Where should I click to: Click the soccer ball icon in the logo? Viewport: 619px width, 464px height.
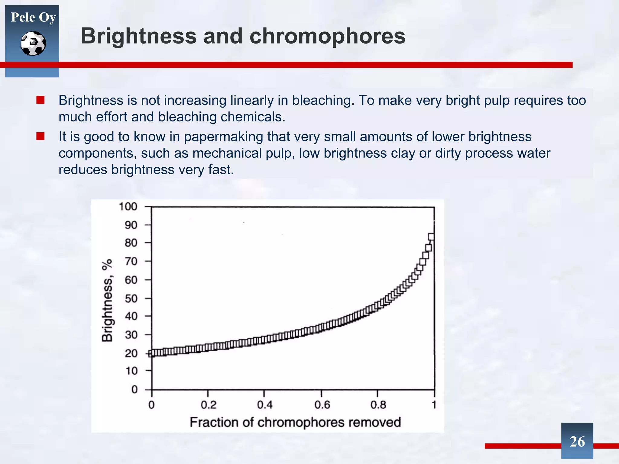tap(33, 43)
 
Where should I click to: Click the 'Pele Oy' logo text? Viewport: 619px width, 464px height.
tap(33, 17)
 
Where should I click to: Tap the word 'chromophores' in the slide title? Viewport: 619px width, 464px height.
tap(327, 36)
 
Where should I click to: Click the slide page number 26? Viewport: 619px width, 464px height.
tap(577, 442)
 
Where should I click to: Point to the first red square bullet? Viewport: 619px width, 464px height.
tap(41, 100)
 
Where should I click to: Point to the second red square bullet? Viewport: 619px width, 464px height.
tap(41, 137)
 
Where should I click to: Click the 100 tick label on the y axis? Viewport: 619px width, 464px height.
tap(128, 207)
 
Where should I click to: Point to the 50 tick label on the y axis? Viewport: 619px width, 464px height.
tap(131, 298)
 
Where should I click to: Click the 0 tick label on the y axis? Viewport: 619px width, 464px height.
tap(134, 389)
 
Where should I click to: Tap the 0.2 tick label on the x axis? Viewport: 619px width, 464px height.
tap(209, 405)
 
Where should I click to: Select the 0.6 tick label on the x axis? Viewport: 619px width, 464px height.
tap(322, 405)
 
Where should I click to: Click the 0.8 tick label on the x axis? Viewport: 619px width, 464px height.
tap(378, 405)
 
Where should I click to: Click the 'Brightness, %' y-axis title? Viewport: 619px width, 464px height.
tap(107, 300)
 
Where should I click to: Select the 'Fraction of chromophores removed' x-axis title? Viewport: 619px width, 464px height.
tap(295, 422)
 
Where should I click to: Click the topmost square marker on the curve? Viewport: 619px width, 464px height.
tap(431, 237)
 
